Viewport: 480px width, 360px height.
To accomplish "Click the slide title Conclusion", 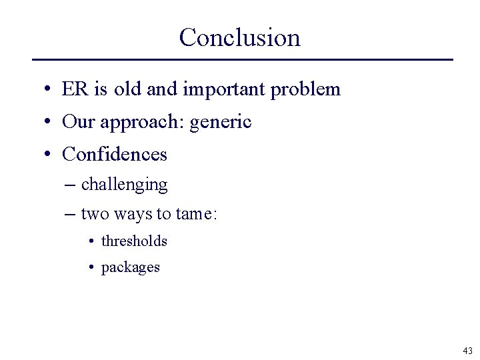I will (x=239, y=37).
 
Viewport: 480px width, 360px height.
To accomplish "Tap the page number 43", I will (x=467, y=350).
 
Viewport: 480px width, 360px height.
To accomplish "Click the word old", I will (x=128, y=89).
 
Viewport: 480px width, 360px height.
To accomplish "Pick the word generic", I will (x=221, y=123).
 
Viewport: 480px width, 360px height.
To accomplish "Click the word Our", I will (x=77, y=122).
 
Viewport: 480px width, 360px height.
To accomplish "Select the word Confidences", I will (x=115, y=155).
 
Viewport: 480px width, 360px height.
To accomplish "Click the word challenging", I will (x=124, y=185).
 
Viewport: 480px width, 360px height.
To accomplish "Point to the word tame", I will (x=194, y=214).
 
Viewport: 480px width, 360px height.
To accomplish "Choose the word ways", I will (x=133, y=215).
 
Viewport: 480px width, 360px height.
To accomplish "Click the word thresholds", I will (x=134, y=241).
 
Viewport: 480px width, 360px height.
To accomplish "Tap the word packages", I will (x=131, y=267).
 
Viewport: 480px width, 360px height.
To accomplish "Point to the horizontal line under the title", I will (x=242, y=60).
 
